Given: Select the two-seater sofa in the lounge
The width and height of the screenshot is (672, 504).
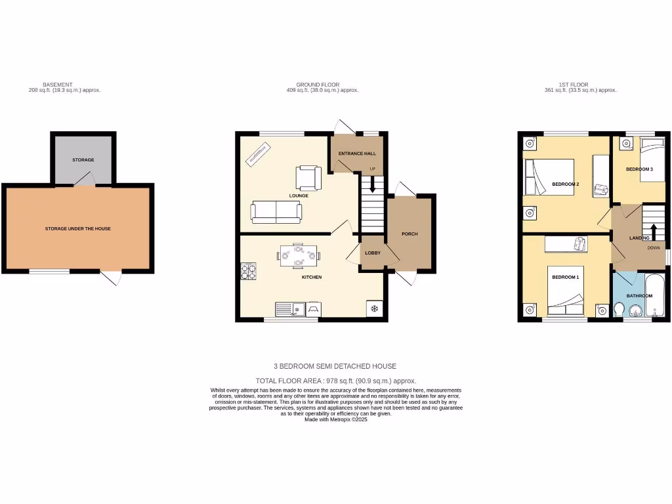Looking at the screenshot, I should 276,211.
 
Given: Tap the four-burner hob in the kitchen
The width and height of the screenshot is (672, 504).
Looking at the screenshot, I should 249,272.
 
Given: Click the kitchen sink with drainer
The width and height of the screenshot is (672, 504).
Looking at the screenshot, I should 289,307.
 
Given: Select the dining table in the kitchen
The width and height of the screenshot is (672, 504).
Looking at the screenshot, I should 299,255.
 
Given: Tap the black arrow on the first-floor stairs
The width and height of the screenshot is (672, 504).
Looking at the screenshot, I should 654,231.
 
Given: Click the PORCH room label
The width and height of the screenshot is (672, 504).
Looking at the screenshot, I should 409,234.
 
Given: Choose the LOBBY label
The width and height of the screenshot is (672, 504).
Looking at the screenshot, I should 373,253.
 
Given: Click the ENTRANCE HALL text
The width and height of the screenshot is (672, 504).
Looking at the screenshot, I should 357,154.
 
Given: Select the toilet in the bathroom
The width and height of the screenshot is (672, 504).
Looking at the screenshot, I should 618,308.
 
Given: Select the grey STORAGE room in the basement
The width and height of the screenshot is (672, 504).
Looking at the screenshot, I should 83,159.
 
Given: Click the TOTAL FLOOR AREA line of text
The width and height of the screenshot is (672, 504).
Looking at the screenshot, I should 335,381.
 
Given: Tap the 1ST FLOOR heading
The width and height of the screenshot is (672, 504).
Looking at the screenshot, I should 573,85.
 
